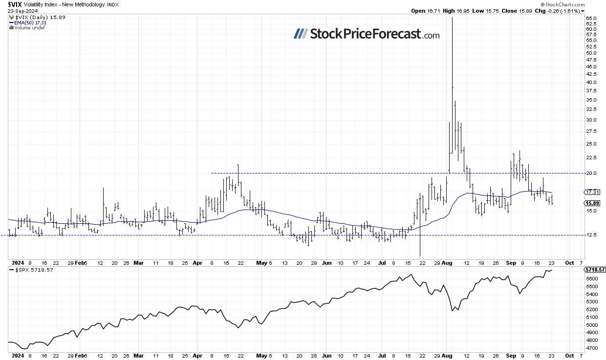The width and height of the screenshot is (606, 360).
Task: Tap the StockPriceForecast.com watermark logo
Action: [367, 34]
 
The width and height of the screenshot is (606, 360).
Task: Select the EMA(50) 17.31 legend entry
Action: [29, 22]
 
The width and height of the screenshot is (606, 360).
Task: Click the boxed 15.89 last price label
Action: [592, 203]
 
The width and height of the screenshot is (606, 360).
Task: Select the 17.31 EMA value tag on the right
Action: [592, 192]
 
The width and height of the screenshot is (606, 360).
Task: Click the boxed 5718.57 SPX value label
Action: [594, 269]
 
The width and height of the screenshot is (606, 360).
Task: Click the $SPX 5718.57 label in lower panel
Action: [30, 270]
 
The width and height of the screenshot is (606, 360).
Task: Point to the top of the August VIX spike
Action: [452, 18]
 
